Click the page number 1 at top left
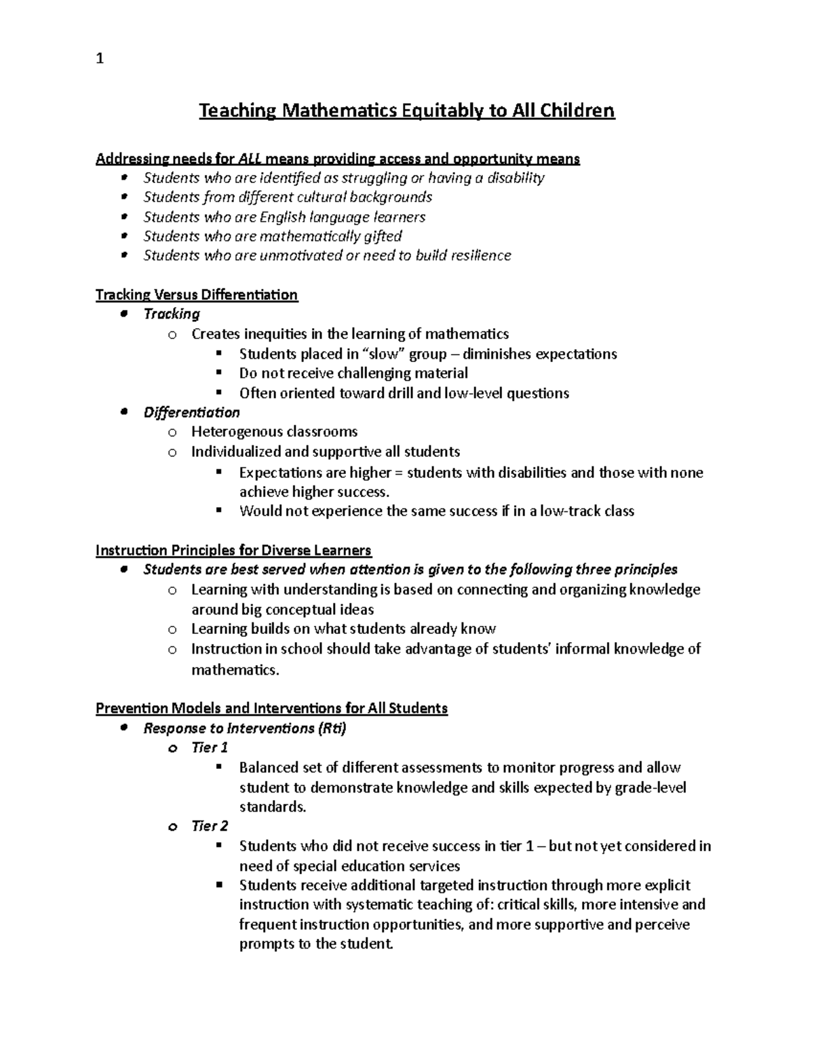100,59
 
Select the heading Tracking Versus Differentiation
197,294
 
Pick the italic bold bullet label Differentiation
191,412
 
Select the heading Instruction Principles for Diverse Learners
233,550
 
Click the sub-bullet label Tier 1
210,748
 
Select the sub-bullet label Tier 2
210,826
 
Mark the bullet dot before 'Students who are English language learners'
123,217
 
